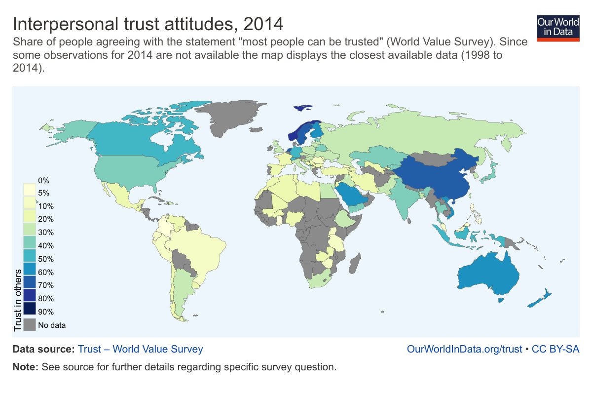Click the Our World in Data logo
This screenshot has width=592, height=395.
[x=557, y=27]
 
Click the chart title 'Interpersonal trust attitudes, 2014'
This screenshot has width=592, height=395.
[x=148, y=24]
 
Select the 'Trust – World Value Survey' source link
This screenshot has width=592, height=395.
[x=140, y=349]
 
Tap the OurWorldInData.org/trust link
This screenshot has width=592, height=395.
[x=464, y=349]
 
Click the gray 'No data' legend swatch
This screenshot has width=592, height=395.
[x=30, y=325]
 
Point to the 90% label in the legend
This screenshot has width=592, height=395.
[x=46, y=312]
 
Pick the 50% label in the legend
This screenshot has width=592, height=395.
[x=46, y=259]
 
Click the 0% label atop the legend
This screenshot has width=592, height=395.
[x=44, y=180]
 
